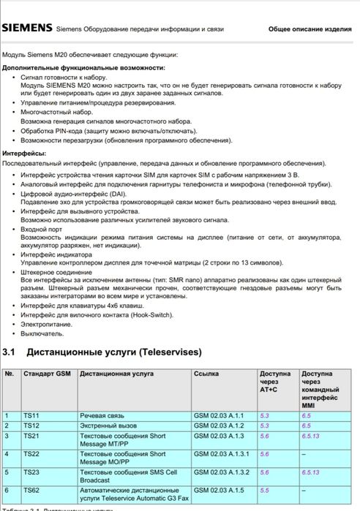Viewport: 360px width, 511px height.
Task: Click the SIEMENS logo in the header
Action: pyautogui.click(x=26, y=29)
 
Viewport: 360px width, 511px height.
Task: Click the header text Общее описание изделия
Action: pyautogui.click(x=310, y=29)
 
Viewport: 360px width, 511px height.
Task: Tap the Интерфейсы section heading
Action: pyautogui.click(x=24, y=154)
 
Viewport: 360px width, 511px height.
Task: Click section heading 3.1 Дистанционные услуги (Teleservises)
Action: pyautogui.click(x=102, y=352)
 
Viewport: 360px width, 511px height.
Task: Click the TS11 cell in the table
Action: pyautogui.click(x=31, y=415)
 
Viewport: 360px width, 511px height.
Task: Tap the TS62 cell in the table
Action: pyautogui.click(x=31, y=490)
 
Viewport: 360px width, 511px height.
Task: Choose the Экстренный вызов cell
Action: pyautogui.click(x=107, y=425)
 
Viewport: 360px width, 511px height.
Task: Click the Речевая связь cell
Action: pyautogui.click(x=102, y=415)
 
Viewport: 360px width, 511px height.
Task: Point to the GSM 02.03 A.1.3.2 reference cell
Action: pyautogui.click(x=222, y=472)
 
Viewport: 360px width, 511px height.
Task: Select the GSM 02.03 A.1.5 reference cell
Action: pyautogui.click(x=217, y=490)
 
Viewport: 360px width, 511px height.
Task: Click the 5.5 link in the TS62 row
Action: pyautogui.click(x=265, y=490)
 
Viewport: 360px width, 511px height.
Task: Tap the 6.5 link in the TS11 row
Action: pyautogui.click(x=306, y=415)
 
